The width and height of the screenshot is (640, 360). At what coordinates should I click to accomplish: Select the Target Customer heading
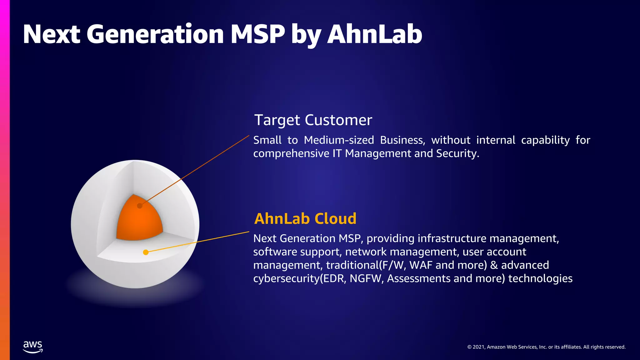pos(313,120)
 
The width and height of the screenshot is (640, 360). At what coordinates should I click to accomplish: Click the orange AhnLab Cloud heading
pos(305,218)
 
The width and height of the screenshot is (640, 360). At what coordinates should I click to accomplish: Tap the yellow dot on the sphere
pos(146,252)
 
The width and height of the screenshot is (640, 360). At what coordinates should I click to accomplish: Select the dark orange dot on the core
pos(140,206)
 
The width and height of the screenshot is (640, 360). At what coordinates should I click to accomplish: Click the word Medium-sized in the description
pos(339,140)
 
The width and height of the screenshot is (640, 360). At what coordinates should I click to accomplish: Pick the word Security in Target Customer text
pos(457,153)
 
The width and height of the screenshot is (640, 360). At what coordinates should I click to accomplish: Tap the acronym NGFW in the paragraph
pos(366,278)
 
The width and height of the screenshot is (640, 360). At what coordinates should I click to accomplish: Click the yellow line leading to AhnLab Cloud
pos(200,242)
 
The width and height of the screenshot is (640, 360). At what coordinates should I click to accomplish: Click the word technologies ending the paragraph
pos(540,278)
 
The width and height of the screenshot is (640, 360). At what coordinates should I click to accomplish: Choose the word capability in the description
pos(545,140)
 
